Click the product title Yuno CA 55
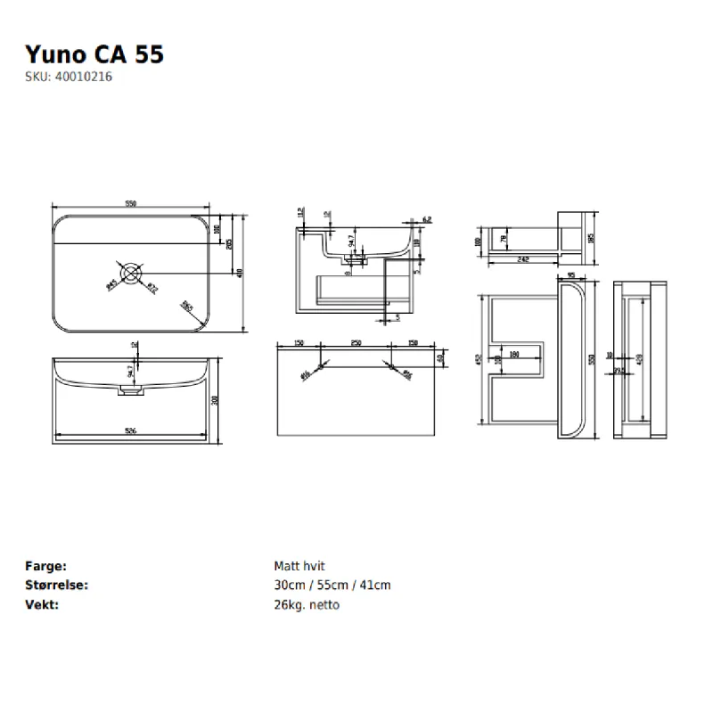point(94,53)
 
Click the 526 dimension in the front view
point(130,431)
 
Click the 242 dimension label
point(523,258)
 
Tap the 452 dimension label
point(479,360)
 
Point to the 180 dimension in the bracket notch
point(514,354)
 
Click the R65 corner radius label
point(188,306)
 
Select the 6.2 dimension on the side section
point(427,219)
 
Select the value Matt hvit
point(299,566)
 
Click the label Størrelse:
point(57,586)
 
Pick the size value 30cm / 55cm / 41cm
point(332,586)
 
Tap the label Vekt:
point(41,605)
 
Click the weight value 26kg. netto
point(307,605)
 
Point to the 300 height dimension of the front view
point(215,401)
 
